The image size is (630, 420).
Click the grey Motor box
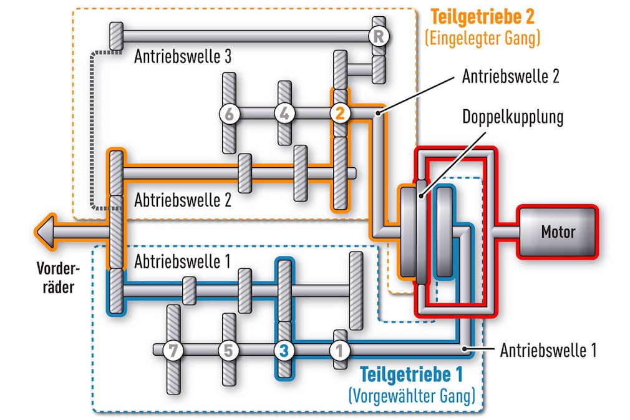[558, 232]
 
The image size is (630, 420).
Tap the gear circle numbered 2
[340, 113]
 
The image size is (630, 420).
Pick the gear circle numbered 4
[284, 113]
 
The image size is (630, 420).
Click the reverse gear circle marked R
[379, 36]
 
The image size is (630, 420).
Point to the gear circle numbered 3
[284, 350]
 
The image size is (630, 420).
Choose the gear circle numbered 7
[173, 350]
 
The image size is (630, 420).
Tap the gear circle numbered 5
[229, 350]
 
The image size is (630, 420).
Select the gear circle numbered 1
[339, 350]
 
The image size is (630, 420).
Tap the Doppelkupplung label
[513, 117]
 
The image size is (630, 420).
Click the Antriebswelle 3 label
[183, 57]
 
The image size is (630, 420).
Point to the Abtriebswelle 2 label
[183, 200]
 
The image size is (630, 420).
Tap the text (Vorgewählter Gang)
[412, 395]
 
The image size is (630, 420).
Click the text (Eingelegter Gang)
[482, 38]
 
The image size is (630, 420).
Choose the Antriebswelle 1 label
[548, 349]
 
